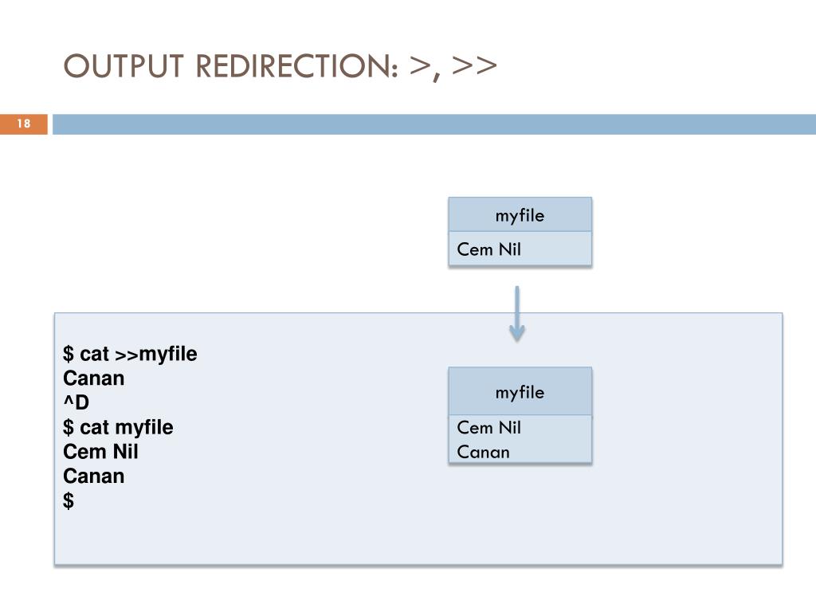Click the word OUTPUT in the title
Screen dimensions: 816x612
click(x=124, y=66)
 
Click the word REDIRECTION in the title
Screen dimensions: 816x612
click(x=297, y=66)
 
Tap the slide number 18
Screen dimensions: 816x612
click(x=23, y=124)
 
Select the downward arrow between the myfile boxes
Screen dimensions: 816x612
click(x=516, y=314)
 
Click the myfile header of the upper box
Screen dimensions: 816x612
click(x=520, y=215)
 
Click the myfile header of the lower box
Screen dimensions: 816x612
click(x=520, y=392)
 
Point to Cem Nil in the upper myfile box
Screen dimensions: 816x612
click(x=488, y=249)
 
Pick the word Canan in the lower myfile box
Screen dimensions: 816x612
click(x=483, y=453)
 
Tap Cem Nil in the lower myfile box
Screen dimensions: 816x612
click(x=488, y=427)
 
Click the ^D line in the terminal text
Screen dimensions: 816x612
click(x=76, y=402)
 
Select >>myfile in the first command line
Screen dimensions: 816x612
click(x=155, y=355)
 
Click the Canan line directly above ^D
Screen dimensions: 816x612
click(x=94, y=379)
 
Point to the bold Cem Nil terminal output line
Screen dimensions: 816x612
click(x=100, y=452)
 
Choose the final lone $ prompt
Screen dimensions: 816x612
click(x=69, y=500)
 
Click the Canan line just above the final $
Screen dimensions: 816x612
click(x=94, y=477)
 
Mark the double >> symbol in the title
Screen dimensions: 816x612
click(x=474, y=65)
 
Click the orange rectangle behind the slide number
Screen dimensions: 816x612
click(x=23, y=124)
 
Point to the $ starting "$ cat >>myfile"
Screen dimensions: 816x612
click(x=69, y=354)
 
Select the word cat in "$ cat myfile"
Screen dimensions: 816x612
click(x=94, y=428)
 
